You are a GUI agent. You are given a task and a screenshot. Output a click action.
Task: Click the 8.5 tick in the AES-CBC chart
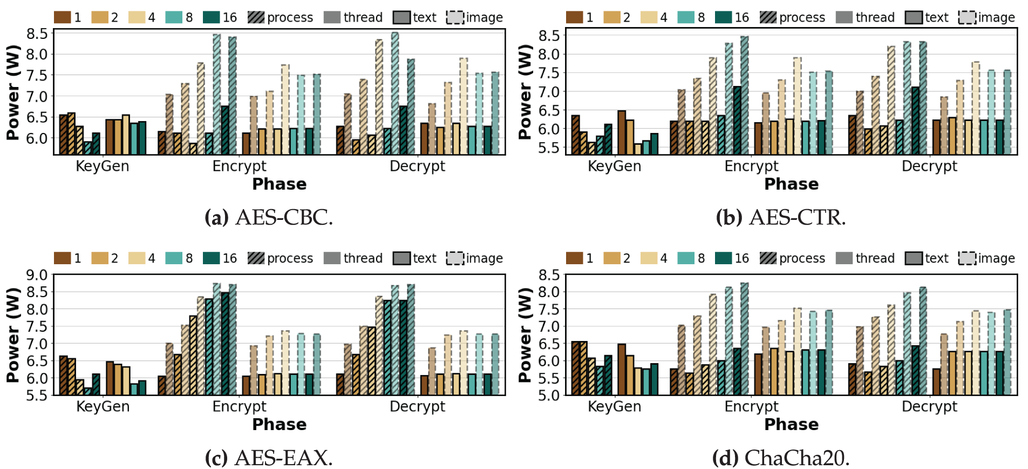[37, 33]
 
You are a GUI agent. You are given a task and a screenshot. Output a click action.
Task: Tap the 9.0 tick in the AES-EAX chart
[37, 275]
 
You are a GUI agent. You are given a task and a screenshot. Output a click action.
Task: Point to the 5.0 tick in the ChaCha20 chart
[549, 396]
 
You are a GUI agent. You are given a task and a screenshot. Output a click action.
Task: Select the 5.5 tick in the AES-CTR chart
[549, 148]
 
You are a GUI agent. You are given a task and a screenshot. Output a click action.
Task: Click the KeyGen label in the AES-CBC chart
[103, 166]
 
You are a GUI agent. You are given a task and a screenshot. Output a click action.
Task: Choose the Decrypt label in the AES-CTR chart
[929, 166]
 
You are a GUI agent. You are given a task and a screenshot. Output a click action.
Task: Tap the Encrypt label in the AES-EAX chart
[239, 406]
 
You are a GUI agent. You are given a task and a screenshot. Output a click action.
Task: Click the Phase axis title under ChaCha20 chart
[791, 425]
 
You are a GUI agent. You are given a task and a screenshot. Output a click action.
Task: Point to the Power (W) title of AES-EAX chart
[13, 335]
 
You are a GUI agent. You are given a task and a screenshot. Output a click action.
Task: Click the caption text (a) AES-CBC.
[269, 217]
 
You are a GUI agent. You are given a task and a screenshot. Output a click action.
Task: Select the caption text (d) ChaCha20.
[781, 458]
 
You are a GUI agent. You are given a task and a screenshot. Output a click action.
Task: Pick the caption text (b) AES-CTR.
[781, 217]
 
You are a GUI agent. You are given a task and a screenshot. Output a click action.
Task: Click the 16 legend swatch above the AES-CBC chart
[211, 17]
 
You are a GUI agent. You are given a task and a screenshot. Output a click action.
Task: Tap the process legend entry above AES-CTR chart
[792, 17]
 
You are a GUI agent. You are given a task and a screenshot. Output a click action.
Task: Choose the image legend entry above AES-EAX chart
[474, 258]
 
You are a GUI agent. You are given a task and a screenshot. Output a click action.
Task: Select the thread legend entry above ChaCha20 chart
[865, 258]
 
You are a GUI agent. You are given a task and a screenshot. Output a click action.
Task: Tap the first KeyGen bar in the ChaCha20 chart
[575, 368]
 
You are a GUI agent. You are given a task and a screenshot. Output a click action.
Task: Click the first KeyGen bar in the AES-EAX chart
[64, 375]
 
